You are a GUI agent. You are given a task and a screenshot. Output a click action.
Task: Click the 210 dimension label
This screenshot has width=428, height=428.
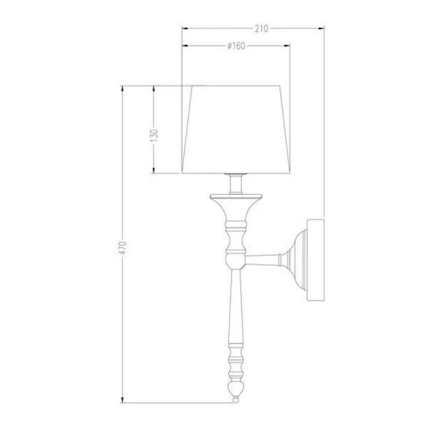tap(261, 29)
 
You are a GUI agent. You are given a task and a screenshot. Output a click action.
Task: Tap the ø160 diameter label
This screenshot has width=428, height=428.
tap(236, 46)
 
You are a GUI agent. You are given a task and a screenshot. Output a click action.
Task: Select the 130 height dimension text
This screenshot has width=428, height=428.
tap(154, 136)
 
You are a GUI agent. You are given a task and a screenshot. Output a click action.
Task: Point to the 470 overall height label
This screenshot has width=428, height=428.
tap(123, 248)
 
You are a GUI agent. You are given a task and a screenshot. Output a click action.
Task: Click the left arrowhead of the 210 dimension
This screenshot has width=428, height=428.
tap(185, 28)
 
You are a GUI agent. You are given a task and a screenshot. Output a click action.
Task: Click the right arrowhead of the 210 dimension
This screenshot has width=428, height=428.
tap(321, 28)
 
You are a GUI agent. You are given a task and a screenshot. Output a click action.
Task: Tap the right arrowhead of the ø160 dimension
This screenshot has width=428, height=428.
tap(287, 46)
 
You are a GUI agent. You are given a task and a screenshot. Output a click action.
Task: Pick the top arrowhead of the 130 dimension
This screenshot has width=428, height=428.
tap(153, 89)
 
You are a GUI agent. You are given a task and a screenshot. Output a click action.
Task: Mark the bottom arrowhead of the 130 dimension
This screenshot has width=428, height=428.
tap(153, 170)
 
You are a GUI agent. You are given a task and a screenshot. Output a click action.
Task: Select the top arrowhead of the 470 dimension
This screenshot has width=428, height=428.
tap(122, 89)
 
